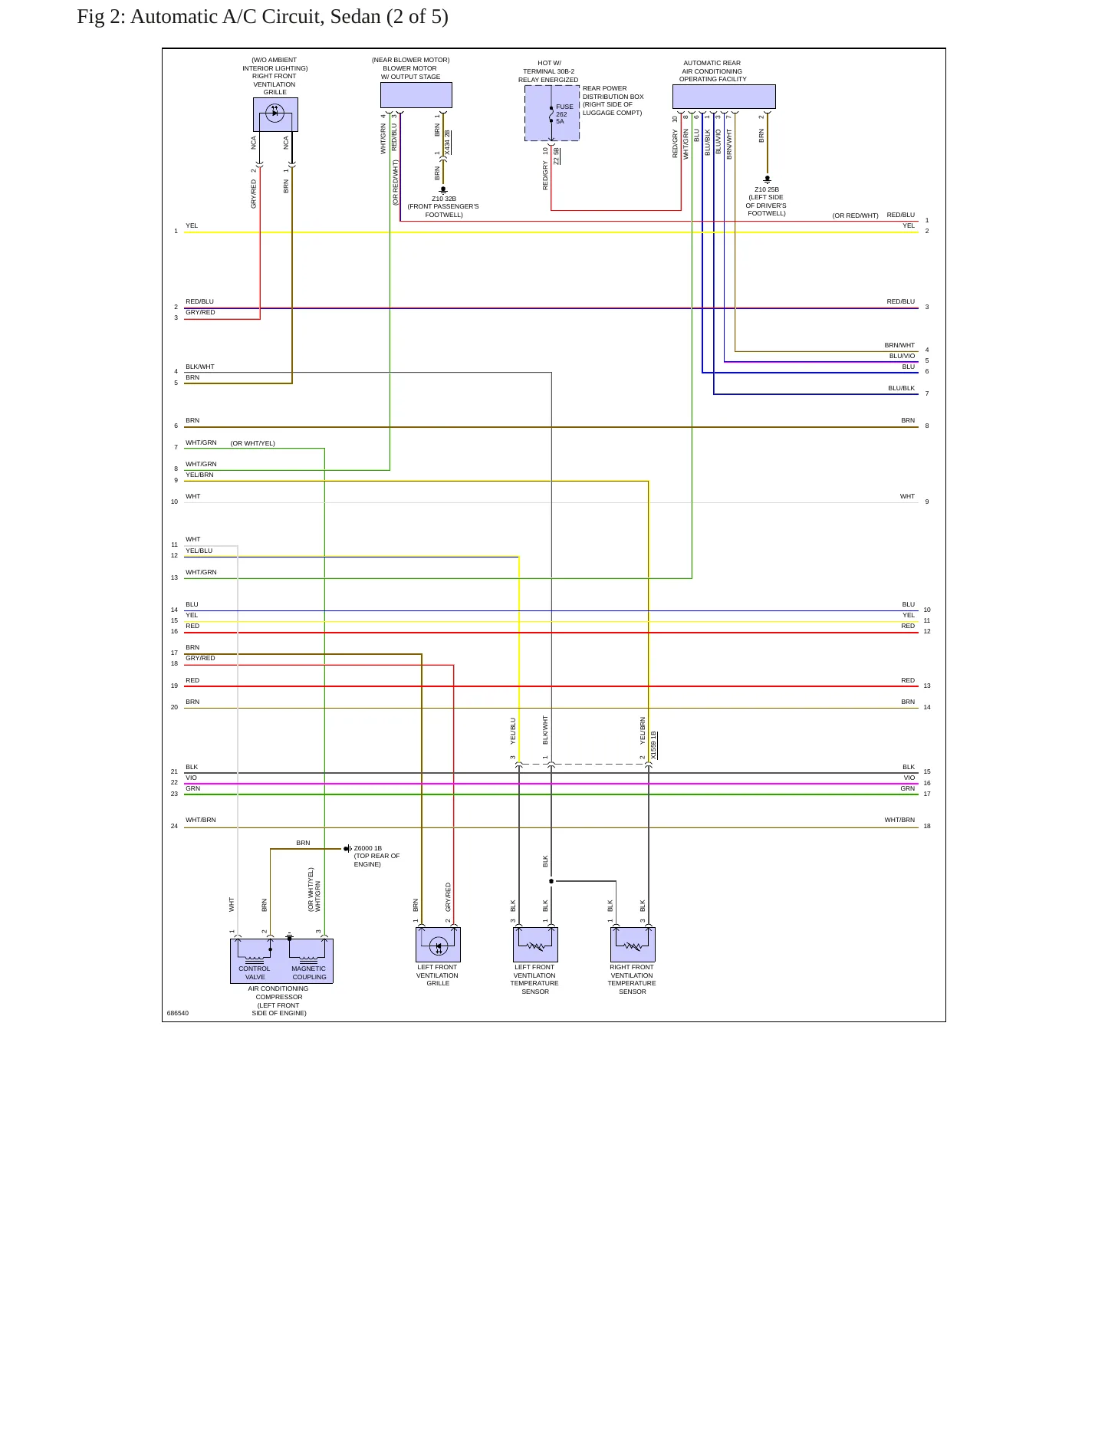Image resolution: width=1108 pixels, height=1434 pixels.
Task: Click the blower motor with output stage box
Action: pos(416,95)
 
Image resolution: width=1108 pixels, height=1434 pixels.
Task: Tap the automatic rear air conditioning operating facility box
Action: pos(724,97)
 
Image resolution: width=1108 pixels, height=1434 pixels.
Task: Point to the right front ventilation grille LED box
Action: pos(275,114)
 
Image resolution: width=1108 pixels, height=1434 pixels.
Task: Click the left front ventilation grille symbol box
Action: pos(438,945)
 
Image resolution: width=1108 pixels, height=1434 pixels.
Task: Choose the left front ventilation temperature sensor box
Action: pos(535,945)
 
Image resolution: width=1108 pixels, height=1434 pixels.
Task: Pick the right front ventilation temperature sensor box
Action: pos(633,945)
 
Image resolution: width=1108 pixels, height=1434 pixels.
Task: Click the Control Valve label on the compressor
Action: pos(255,972)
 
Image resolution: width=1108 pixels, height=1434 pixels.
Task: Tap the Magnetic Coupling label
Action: pos(309,972)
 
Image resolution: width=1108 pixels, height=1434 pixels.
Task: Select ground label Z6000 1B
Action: pos(368,848)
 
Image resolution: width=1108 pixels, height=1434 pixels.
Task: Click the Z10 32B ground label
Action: pos(444,199)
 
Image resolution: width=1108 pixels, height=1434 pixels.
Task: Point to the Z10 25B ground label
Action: pos(767,189)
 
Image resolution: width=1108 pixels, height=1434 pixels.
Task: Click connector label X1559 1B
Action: pos(653,745)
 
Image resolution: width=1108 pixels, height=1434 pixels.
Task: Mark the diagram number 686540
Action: pos(178,1013)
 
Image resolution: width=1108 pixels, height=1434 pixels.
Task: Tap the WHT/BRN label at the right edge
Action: pos(899,820)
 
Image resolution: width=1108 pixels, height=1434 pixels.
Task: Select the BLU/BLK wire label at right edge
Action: pos(902,388)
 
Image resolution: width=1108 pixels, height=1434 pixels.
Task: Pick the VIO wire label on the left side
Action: pos(191,778)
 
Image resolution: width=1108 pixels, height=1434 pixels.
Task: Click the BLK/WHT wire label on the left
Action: pos(200,367)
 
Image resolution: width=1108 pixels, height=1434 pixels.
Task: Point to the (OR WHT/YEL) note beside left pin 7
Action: pos(253,443)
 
